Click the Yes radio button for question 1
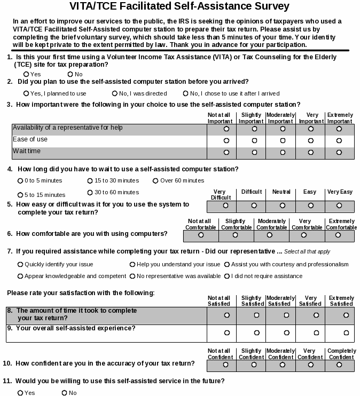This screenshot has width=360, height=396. click(26, 74)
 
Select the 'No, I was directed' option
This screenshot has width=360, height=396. click(115, 93)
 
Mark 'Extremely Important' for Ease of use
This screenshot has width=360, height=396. click(339, 140)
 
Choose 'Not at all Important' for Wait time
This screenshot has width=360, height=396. click(226, 152)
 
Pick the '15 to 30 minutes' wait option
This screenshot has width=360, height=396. click(90, 180)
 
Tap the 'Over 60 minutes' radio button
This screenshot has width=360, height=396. click(155, 180)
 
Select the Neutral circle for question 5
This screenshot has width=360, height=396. click(283, 205)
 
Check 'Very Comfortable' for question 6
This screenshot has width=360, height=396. click(304, 234)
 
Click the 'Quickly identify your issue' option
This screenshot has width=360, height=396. click(20, 264)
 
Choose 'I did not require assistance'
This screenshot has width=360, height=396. click(227, 276)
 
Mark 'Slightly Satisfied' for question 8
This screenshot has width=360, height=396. click(255, 315)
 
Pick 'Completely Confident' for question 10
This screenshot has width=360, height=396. click(339, 365)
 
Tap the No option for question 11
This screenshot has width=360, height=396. click(64, 393)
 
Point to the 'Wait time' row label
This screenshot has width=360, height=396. click(27, 151)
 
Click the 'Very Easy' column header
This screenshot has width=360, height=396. click(340, 192)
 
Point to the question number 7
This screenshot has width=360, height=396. click(10, 251)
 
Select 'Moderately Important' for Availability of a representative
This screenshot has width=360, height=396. click(283, 129)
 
